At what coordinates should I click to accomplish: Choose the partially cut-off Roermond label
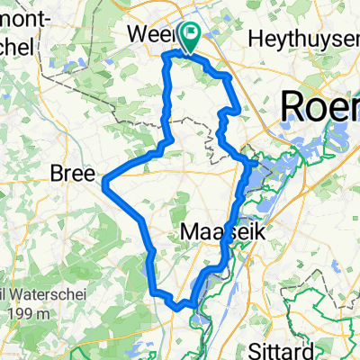[319, 106]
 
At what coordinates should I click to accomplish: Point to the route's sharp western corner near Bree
[105, 184]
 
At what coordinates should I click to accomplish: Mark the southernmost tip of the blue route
[189, 306]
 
